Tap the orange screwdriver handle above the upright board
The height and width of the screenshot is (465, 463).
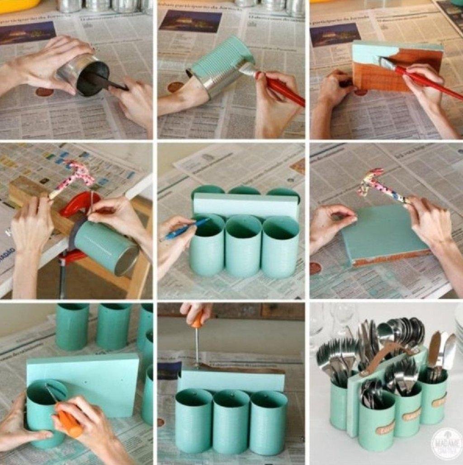click(x=197, y=319)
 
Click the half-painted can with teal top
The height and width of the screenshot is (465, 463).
click(x=222, y=66)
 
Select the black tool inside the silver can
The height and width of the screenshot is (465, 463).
click(x=104, y=82)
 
